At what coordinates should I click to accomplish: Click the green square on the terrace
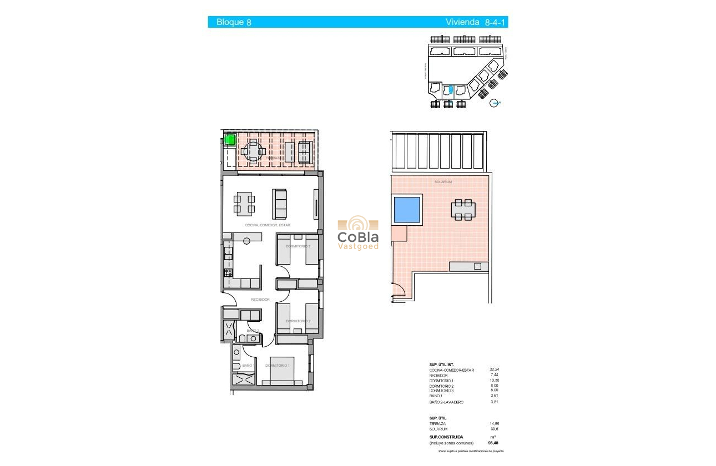(230, 140)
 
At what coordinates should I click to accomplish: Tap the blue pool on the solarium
(406, 209)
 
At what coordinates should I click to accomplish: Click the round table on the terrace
(253, 151)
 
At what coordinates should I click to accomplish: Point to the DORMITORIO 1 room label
(277, 366)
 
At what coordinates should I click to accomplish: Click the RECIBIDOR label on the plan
(260, 300)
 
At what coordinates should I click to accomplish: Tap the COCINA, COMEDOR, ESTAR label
(268, 225)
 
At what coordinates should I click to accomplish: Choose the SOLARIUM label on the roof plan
(443, 182)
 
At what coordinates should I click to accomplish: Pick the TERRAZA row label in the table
(438, 423)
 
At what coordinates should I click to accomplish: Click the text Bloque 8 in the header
(234, 22)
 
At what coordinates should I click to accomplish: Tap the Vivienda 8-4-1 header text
(476, 22)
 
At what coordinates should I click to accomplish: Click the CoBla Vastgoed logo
(359, 234)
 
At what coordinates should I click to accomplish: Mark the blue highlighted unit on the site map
(451, 89)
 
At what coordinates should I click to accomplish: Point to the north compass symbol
(496, 103)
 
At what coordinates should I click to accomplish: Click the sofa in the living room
(280, 204)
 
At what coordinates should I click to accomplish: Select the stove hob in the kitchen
(228, 272)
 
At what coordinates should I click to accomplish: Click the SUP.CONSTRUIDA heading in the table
(446, 437)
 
